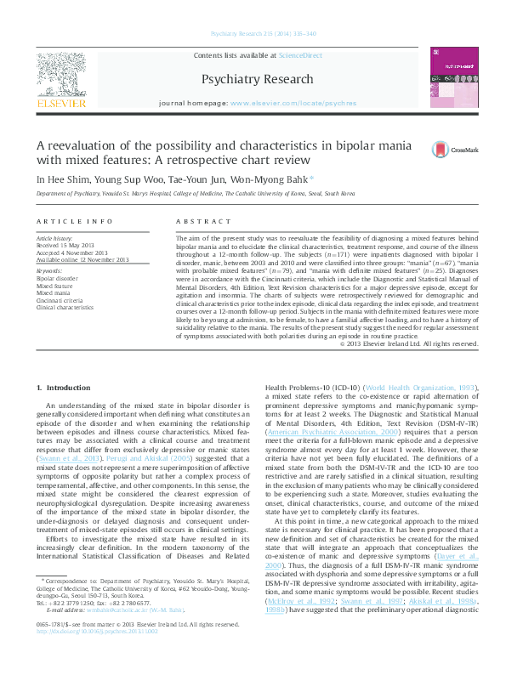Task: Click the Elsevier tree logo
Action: tap(60, 76)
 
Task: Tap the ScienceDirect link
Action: tap(300, 55)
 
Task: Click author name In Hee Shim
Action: tap(59, 179)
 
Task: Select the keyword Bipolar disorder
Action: tap(57, 278)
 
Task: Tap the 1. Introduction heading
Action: tap(64, 389)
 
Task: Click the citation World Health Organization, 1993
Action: tap(410, 388)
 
